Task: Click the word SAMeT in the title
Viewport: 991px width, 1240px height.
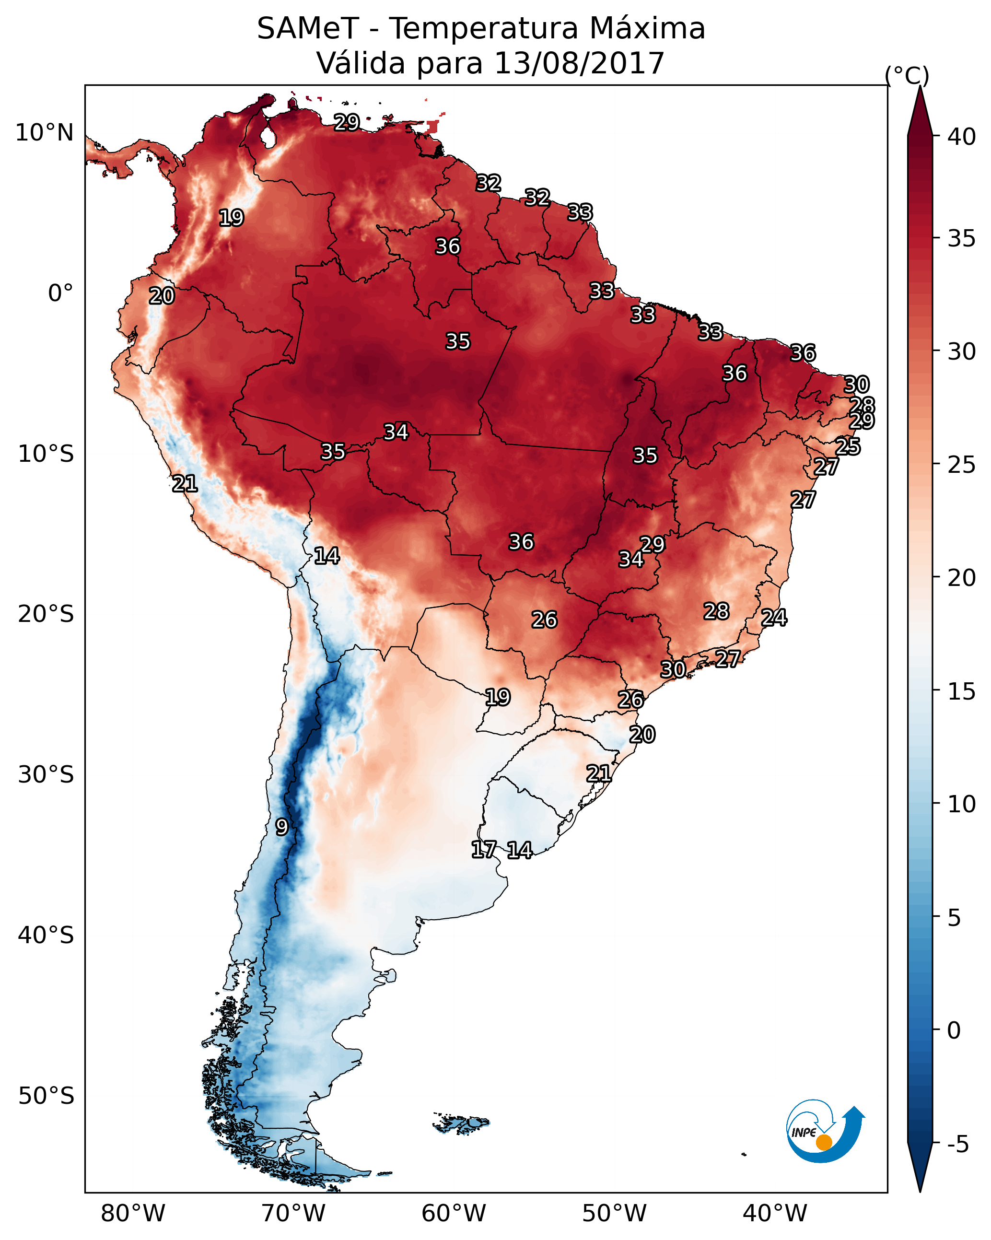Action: point(308,29)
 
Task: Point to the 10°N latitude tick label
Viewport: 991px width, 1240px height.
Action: point(44,133)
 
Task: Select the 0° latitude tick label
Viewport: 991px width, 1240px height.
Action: point(60,293)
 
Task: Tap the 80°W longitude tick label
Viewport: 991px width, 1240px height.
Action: point(133,1213)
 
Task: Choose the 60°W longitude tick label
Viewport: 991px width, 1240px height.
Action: point(454,1213)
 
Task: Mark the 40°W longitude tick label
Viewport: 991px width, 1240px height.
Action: point(775,1213)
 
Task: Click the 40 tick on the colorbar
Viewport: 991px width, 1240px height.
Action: point(962,137)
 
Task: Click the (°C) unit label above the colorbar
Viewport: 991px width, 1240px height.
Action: point(907,75)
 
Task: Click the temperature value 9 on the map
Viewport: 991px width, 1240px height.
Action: point(281,827)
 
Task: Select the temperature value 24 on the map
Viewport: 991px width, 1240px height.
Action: point(774,617)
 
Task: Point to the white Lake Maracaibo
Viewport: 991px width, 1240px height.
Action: point(268,137)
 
